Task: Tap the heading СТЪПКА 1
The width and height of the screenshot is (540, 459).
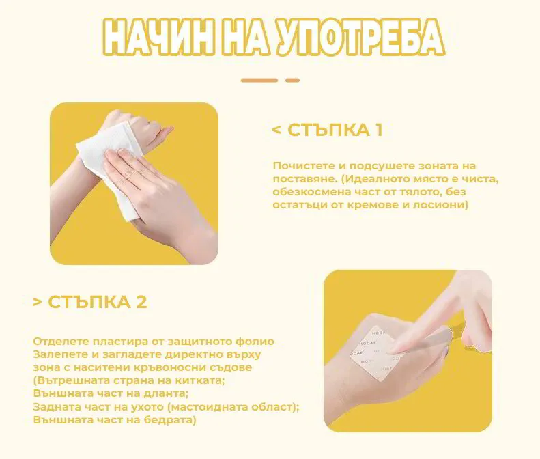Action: click(x=335, y=130)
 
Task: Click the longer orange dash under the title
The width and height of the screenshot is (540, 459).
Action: click(x=259, y=81)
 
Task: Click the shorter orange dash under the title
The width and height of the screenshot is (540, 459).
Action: click(x=292, y=81)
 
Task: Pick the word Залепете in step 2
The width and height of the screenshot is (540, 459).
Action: click(x=58, y=354)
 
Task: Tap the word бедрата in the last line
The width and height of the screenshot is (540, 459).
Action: click(x=173, y=420)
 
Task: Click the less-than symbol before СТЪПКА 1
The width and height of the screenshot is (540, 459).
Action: click(x=276, y=130)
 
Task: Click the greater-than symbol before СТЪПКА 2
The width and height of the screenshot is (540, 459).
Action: click(x=38, y=302)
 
